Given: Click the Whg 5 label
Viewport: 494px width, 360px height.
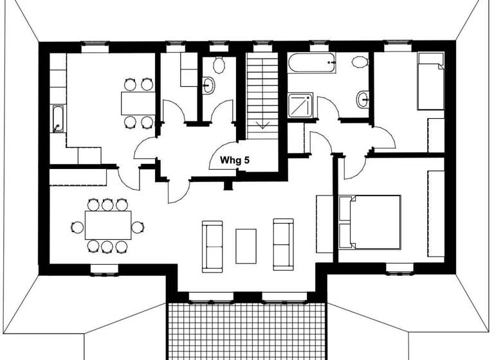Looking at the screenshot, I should click(234, 160).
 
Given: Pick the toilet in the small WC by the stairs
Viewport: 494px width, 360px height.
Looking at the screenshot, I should click(217, 64).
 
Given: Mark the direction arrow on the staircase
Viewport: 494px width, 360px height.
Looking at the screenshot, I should click(262, 124).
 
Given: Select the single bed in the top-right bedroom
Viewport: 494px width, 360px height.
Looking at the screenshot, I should click(430, 82).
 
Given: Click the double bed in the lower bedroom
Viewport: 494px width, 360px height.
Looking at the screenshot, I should click(370, 222).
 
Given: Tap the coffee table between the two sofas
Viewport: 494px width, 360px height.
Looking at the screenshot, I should click(246, 246).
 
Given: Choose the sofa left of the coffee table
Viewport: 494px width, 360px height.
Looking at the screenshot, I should click(212, 246).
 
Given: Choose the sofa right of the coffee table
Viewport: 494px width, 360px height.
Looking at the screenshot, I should click(283, 245).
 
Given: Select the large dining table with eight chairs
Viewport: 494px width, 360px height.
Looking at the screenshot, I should click(107, 225).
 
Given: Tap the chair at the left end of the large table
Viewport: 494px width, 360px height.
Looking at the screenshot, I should click(77, 226).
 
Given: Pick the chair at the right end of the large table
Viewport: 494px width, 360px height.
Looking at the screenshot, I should click(138, 226).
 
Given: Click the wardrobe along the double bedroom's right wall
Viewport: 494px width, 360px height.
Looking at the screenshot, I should click(435, 213).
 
